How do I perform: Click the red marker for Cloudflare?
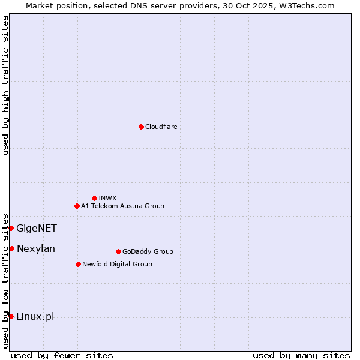click(141, 127)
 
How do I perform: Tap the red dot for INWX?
click(94, 198)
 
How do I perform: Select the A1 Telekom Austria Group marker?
click(77, 206)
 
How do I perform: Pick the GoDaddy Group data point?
click(118, 251)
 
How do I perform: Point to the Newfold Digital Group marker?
click(78, 264)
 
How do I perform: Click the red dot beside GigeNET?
click(11, 228)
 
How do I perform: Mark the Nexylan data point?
click(11, 248)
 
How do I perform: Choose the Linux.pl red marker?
click(11, 316)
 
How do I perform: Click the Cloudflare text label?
click(161, 127)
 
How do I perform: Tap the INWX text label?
click(107, 198)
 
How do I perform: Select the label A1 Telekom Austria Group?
click(122, 206)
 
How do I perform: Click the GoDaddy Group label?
click(148, 251)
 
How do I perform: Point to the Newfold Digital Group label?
click(117, 264)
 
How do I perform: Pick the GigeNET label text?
click(37, 228)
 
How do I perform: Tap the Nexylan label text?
click(36, 248)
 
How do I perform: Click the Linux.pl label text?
click(35, 316)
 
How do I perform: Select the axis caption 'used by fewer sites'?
click(62, 355)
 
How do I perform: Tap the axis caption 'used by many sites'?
click(301, 355)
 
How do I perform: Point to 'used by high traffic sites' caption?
click(5, 85)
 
